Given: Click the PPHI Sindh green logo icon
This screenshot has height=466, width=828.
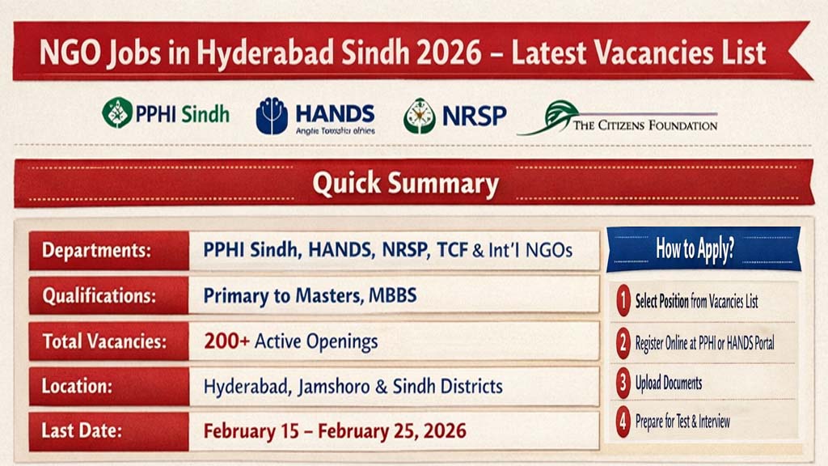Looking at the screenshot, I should pyautogui.click(x=117, y=112).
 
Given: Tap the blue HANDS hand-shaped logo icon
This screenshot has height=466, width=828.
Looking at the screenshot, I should pyautogui.click(x=272, y=116).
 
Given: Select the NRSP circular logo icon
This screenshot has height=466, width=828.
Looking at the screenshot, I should pyautogui.click(x=419, y=116).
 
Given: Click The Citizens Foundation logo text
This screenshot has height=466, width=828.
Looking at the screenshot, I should pyautogui.click(x=644, y=125).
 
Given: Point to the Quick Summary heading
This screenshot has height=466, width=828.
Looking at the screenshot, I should pyautogui.click(x=405, y=184).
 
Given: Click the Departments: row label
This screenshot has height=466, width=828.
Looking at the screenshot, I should pyautogui.click(x=97, y=250).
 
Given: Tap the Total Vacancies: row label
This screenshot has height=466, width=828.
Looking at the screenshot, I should pyautogui.click(x=104, y=341).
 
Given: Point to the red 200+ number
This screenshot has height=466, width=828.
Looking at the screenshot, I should pyautogui.click(x=226, y=341).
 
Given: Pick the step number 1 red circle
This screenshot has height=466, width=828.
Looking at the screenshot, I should pyautogui.click(x=623, y=302).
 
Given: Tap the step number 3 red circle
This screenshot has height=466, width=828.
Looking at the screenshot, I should pyautogui.click(x=623, y=383).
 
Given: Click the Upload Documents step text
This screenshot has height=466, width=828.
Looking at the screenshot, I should pyautogui.click(x=668, y=383).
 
